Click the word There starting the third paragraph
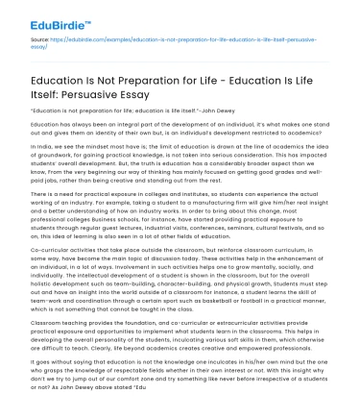click(40, 193)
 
